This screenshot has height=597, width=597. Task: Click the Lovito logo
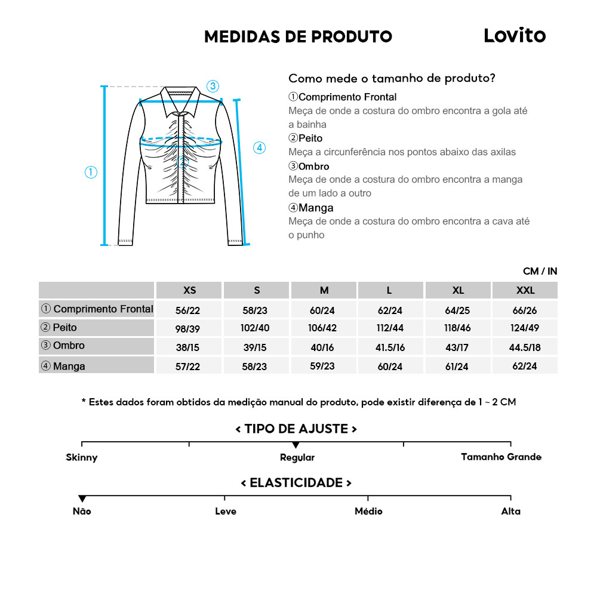pyautogui.click(x=514, y=36)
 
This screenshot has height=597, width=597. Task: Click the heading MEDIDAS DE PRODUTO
pyautogui.click(x=298, y=37)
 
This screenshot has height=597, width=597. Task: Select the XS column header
pyautogui.click(x=189, y=291)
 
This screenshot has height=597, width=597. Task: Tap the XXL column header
pyautogui.click(x=525, y=291)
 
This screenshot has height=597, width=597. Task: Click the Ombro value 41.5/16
pyautogui.click(x=391, y=347)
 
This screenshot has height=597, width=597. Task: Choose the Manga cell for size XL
pyautogui.click(x=458, y=366)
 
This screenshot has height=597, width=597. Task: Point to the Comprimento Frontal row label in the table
pyautogui.click(x=97, y=309)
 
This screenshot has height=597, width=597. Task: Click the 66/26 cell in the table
pyautogui.click(x=525, y=310)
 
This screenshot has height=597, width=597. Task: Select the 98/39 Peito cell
pyautogui.click(x=189, y=329)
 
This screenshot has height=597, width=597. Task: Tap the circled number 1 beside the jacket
pyautogui.click(x=91, y=173)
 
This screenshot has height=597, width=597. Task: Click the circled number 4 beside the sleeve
pyautogui.click(x=259, y=148)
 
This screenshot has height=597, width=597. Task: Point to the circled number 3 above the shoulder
pyautogui.click(x=213, y=86)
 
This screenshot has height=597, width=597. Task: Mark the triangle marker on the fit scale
pyautogui.click(x=296, y=445)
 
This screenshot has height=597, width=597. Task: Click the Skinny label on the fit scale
pyautogui.click(x=82, y=458)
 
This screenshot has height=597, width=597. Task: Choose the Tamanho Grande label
pyautogui.click(x=501, y=457)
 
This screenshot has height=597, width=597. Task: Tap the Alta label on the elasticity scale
pyautogui.click(x=510, y=512)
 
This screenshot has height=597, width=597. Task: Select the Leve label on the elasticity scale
pyautogui.click(x=226, y=512)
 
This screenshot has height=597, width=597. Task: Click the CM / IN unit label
pyautogui.click(x=540, y=271)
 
